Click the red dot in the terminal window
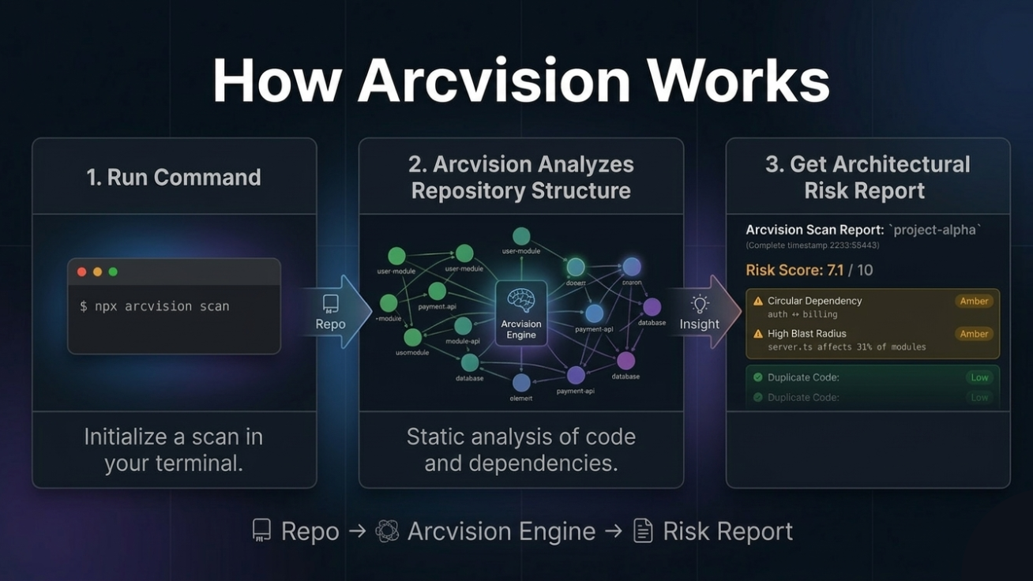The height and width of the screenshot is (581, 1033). click(x=81, y=272)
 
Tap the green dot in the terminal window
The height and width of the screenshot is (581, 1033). click(x=113, y=272)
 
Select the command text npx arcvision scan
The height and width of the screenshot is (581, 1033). click(x=154, y=306)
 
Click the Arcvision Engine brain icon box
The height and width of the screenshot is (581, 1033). click(x=521, y=312)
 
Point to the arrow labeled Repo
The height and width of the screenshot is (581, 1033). click(x=332, y=311)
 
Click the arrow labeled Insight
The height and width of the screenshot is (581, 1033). click(x=701, y=312)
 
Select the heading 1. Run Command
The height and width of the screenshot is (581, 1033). click(x=174, y=177)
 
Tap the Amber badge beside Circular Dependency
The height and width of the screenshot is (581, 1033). click(x=974, y=301)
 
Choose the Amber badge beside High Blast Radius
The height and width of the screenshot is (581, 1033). click(x=974, y=334)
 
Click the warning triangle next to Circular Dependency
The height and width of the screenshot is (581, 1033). click(x=758, y=301)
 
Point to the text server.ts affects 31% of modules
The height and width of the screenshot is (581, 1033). click(x=847, y=347)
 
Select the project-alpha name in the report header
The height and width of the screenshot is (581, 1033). click(x=934, y=230)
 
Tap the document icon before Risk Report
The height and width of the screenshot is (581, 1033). click(x=643, y=530)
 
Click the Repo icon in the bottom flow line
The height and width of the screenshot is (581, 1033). click(x=261, y=530)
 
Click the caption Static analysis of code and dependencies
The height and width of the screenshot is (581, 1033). click(x=521, y=449)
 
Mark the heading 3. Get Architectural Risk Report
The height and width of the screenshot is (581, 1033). click(x=867, y=177)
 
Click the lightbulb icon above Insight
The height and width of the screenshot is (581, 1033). click(x=700, y=304)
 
